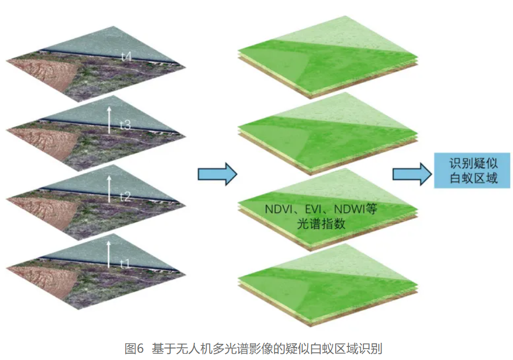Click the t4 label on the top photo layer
coord(126,57)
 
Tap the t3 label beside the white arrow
coord(125,126)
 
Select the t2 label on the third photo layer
coord(125,197)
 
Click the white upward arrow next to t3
coord(109,119)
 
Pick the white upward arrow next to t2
coord(109,188)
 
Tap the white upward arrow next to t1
coord(109,254)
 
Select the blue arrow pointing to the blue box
coord(411,174)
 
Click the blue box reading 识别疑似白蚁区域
coord(472,171)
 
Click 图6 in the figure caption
coord(134,348)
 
